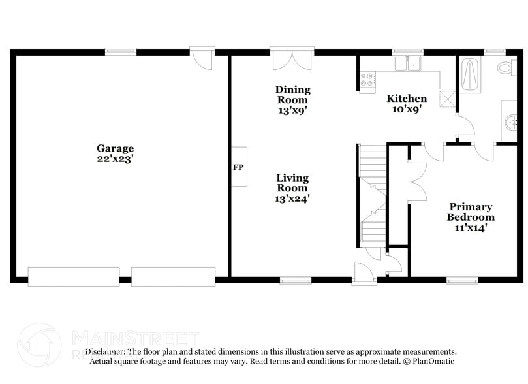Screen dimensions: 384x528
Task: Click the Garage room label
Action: pyautogui.click(x=115, y=148)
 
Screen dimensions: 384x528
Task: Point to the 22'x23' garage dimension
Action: pyautogui.click(x=115, y=158)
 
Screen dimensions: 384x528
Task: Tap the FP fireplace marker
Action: pyautogui.click(x=238, y=167)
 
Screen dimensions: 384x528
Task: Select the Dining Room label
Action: pyautogui.click(x=292, y=95)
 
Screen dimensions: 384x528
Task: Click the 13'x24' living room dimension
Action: pyautogui.click(x=292, y=199)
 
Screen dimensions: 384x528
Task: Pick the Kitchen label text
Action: pyautogui.click(x=407, y=99)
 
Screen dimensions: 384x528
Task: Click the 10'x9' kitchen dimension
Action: pyautogui.click(x=407, y=109)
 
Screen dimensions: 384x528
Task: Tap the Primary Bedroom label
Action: pyautogui.click(x=471, y=212)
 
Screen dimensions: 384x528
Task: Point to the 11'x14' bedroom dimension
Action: pyautogui.click(x=471, y=227)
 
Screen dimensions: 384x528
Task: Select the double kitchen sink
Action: pyautogui.click(x=407, y=63)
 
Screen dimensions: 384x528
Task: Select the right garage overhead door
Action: pyautogui.click(x=173, y=276)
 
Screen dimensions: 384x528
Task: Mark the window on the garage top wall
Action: pyautogui.click(x=121, y=51)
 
